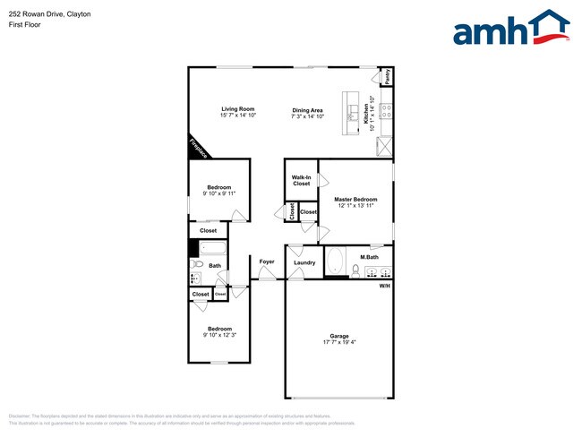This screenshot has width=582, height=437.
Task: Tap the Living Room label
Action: (x=238, y=109)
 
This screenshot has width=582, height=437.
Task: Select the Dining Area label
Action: (x=307, y=110)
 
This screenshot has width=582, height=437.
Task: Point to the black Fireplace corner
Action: (x=197, y=147)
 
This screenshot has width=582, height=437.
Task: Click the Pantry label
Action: (x=387, y=77)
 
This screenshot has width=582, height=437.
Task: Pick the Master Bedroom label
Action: (x=355, y=199)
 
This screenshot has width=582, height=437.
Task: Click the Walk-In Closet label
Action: (x=301, y=180)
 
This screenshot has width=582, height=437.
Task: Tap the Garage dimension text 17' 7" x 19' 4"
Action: (x=339, y=342)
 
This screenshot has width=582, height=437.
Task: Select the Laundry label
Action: (x=304, y=262)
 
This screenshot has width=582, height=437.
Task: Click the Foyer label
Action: (x=267, y=261)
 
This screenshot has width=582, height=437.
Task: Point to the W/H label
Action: (x=384, y=285)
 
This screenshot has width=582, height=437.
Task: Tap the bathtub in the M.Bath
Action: (x=336, y=262)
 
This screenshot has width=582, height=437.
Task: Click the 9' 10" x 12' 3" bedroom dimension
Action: (x=220, y=335)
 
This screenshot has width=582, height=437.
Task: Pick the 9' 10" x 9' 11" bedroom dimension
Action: (x=219, y=193)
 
